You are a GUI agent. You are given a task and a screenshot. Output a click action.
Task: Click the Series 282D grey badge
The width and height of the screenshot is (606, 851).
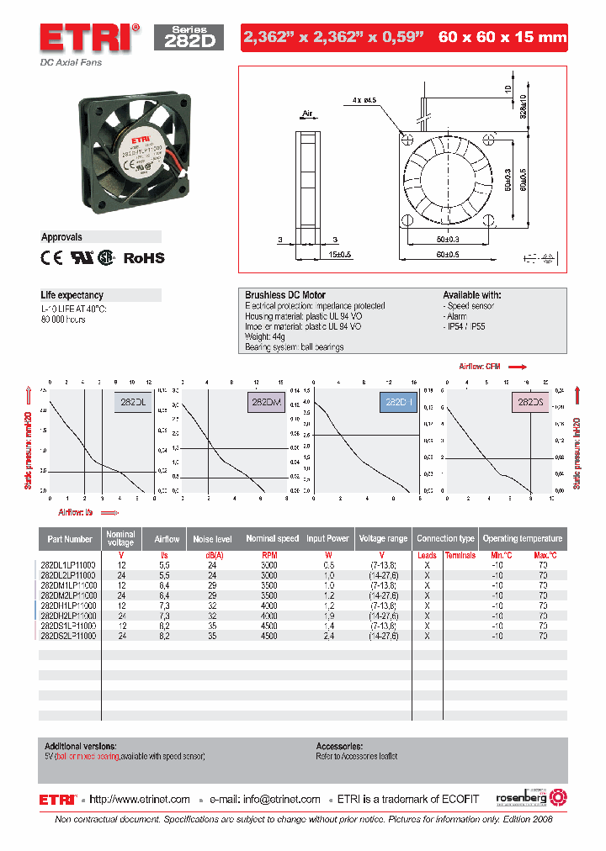[x=189, y=38]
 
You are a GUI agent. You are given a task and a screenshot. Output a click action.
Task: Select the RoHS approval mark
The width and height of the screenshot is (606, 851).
[x=144, y=258]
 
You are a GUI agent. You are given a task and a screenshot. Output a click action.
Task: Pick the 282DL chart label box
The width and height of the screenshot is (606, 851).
[x=132, y=403]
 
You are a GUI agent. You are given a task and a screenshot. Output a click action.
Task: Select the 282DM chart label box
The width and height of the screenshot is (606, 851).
[x=266, y=403]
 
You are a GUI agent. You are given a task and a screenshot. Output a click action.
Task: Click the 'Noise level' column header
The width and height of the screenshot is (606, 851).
[x=213, y=538]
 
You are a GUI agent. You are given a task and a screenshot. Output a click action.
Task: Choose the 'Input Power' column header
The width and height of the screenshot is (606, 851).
[x=327, y=538]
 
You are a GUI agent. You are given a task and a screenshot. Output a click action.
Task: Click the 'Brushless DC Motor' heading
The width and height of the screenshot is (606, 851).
[x=285, y=295]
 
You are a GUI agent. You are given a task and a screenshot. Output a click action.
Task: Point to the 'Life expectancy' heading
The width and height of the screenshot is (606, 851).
[x=72, y=295]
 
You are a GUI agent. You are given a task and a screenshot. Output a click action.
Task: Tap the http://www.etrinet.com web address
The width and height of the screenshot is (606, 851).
[x=139, y=799]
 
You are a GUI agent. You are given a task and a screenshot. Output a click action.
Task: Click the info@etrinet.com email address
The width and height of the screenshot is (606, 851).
[x=281, y=799]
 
